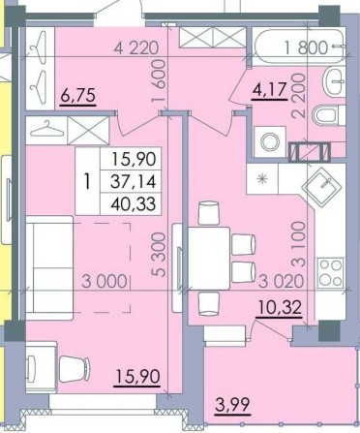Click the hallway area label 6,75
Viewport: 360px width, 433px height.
(x=78, y=96)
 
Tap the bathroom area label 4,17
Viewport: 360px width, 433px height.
(x=270, y=90)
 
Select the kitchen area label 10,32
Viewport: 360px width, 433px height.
(x=280, y=307)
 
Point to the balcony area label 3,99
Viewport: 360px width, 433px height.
(x=232, y=404)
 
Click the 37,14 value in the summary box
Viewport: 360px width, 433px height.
(x=134, y=181)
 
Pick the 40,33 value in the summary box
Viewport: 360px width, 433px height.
(x=134, y=204)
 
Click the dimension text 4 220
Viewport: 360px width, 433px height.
(x=136, y=48)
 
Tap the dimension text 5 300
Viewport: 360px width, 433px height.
(x=159, y=255)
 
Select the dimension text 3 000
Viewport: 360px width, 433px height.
(x=105, y=281)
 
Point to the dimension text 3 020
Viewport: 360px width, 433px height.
(x=282, y=281)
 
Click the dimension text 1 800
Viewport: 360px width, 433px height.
(x=306, y=47)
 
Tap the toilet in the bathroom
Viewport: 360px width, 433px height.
(x=328, y=115)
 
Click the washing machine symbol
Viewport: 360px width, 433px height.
(x=270, y=142)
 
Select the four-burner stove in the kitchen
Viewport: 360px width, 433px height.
(x=330, y=273)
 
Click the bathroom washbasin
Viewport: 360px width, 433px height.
(x=334, y=82)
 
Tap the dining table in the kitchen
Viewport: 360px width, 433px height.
(x=209, y=258)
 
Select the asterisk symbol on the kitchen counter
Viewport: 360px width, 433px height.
(x=262, y=178)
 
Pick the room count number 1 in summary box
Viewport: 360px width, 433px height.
(x=86, y=182)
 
